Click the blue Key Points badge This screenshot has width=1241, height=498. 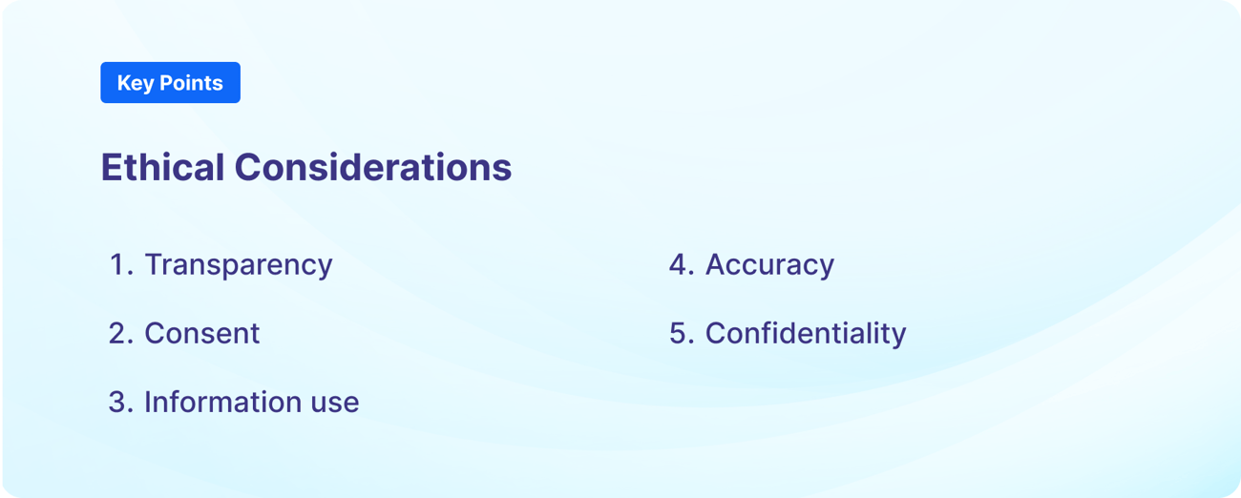[170, 83]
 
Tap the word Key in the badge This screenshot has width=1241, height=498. [136, 84]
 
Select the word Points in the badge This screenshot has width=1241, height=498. [191, 83]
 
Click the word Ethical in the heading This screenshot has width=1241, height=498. [162, 167]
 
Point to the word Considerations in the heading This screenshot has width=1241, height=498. [373, 167]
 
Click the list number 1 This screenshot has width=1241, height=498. [121, 264]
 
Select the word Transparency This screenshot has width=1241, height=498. [239, 265]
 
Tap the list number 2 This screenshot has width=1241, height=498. [121, 333]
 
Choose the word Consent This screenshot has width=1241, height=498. [201, 333]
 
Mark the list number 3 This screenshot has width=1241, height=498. [121, 402]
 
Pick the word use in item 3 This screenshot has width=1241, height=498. [335, 404]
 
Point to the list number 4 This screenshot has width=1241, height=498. [682, 264]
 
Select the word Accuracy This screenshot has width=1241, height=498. [769, 265]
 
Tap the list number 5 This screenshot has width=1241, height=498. [682, 333]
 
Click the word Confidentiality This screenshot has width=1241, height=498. [806, 334]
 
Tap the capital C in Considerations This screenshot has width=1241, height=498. [248, 167]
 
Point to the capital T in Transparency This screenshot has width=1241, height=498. [154, 264]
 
